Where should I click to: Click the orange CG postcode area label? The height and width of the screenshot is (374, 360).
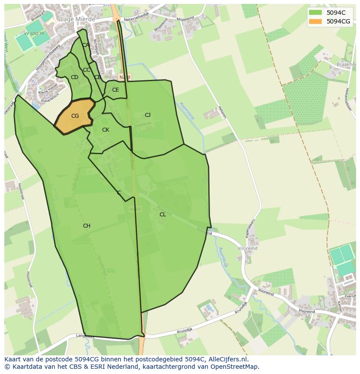click(x=75, y=116)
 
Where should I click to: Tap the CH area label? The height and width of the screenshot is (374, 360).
click(x=87, y=226)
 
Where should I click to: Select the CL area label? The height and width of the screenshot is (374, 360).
click(x=163, y=215)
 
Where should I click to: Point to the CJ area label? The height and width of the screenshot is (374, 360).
click(x=148, y=115)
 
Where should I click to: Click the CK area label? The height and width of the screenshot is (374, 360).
click(x=106, y=130)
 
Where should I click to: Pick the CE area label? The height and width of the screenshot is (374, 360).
click(x=115, y=90)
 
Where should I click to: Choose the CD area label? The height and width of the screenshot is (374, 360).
click(x=74, y=77)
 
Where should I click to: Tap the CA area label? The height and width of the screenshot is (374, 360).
click(x=85, y=45)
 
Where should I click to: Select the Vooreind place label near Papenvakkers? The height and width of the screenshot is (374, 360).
click(x=247, y=248)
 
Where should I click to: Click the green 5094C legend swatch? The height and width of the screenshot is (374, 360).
click(x=316, y=13)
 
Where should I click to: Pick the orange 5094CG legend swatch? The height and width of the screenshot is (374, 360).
click(x=316, y=21)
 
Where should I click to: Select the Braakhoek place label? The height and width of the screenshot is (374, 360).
click(x=346, y=64)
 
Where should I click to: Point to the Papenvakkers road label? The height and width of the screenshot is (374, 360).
click(x=250, y=228)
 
